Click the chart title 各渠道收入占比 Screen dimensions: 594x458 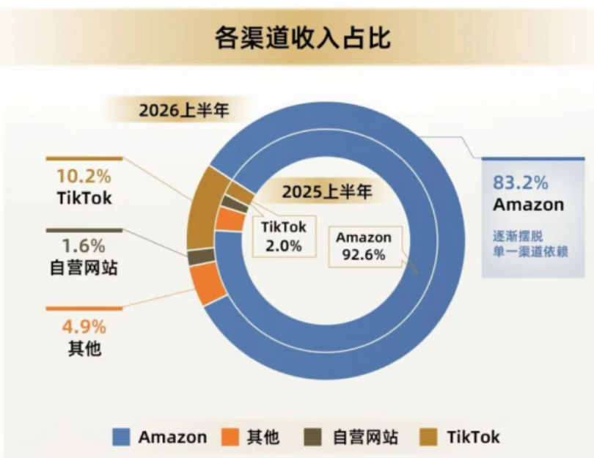tap(302, 38)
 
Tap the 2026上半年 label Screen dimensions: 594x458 tap(184, 111)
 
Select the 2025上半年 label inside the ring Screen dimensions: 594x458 tap(327, 192)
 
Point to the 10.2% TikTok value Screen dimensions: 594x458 tap(84, 177)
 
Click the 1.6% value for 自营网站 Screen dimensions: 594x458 tap(84, 246)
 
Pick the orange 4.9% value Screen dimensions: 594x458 tap(84, 327)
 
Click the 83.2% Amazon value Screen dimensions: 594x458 tap(520, 182)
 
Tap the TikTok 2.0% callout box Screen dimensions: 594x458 tap(284, 237)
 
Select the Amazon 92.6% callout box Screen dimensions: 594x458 tap(364, 246)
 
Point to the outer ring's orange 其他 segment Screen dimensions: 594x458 tap(207, 283)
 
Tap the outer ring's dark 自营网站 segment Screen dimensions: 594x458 tap(201, 257)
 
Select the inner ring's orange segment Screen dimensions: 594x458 tap(230, 220)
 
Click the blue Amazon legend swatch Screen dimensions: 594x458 tap(121, 437)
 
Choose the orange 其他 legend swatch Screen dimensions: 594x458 tap(230, 437)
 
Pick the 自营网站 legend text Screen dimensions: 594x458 tap(365, 437)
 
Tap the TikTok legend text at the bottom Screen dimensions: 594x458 tap(473, 437)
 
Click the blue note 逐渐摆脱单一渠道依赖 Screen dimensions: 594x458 tap(530, 244)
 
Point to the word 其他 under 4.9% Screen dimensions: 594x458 tap(84, 348)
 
